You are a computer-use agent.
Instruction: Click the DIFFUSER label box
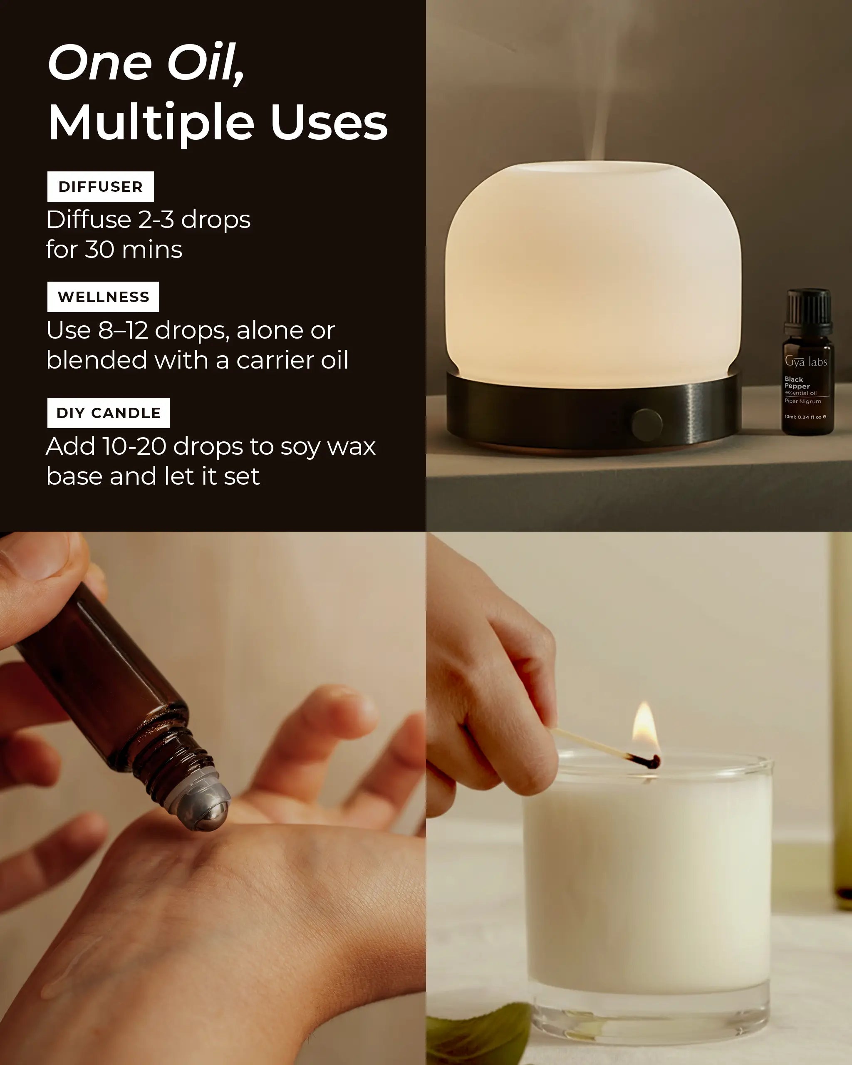[x=101, y=186]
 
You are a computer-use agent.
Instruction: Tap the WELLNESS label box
[x=103, y=297]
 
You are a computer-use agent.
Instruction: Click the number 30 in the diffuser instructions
[x=100, y=250]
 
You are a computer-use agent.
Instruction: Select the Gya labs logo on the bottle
[x=806, y=362]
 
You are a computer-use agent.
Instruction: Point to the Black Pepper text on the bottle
[x=797, y=383]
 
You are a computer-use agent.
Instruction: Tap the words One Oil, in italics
[x=146, y=63]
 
